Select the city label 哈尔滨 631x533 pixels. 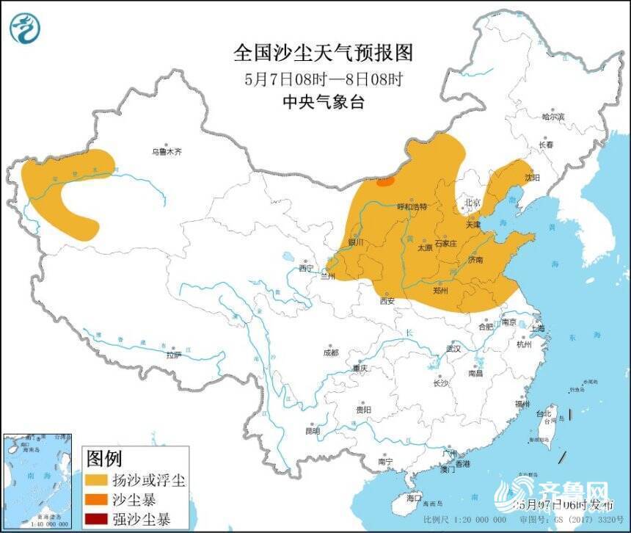tap(553, 117)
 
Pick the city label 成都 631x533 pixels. tap(331, 352)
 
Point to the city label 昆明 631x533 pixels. tap(312, 431)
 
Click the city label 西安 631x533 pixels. tap(387, 300)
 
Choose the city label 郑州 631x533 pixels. tap(441, 290)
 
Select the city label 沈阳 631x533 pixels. tap(532, 178)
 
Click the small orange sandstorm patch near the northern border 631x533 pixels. tap(386, 181)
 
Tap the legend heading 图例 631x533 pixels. tap(103, 460)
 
